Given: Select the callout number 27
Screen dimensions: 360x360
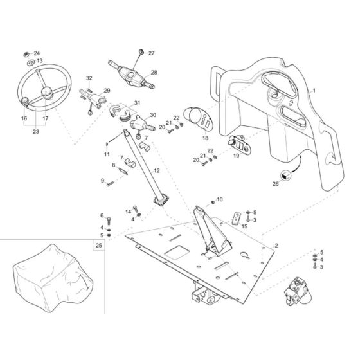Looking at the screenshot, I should point(152,53).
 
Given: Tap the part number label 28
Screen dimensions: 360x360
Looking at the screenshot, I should point(154,73).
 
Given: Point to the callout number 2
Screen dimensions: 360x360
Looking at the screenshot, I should point(276,246).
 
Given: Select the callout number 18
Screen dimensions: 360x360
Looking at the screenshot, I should point(205,138).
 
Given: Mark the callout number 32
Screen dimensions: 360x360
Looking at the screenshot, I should point(89,78).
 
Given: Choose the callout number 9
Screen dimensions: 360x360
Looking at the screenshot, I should point(101,181).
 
